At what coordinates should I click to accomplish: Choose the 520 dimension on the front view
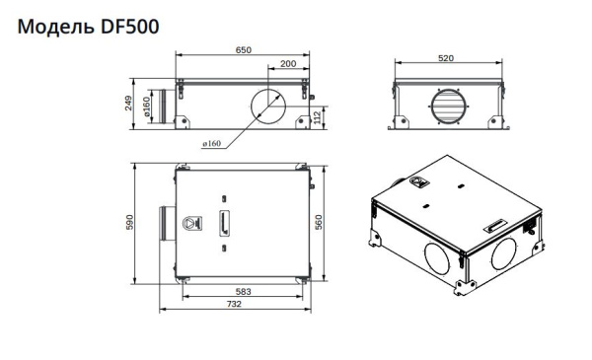(446, 59)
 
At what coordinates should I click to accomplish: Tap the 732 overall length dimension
(234, 307)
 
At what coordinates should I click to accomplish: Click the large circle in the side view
(266, 106)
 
